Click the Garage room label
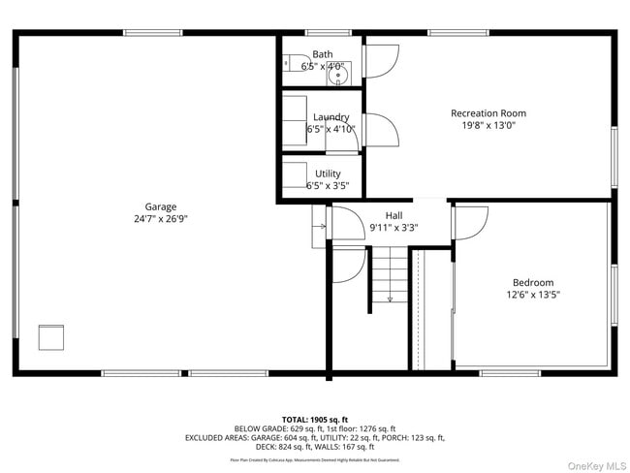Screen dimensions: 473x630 160,206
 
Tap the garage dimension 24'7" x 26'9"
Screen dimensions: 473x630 160,219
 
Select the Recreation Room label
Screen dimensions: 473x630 488,113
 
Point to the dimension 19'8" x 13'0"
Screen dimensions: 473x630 488,125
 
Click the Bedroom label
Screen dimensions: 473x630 532,283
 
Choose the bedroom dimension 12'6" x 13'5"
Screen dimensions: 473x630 532,295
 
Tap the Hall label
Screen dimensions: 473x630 394,216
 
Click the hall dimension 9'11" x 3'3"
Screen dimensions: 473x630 394,228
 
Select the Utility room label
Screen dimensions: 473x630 328,174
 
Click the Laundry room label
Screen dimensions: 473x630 331,117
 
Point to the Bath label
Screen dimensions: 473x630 322,55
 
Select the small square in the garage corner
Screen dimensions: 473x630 51,336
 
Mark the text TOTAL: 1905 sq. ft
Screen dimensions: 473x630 314,418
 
